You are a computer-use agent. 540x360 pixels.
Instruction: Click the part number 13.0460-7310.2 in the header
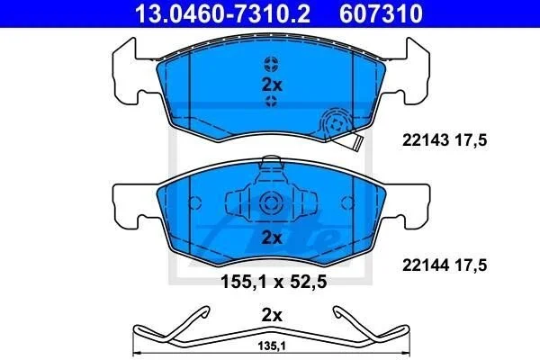(x=223, y=13)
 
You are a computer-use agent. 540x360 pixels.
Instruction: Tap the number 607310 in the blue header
(x=381, y=13)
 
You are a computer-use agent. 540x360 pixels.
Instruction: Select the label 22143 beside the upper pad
(x=426, y=140)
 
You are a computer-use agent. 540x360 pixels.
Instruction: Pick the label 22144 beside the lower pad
(x=426, y=265)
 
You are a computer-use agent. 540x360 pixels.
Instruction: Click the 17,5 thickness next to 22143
(x=471, y=140)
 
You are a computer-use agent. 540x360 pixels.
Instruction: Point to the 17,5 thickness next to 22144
(x=471, y=265)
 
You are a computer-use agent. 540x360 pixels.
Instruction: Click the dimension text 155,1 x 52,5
(x=274, y=282)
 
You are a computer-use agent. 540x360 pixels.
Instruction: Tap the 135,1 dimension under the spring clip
(x=272, y=346)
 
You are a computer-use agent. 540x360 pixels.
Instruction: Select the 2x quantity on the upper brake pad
(x=272, y=85)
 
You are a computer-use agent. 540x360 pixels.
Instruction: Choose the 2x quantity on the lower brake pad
(x=272, y=238)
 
